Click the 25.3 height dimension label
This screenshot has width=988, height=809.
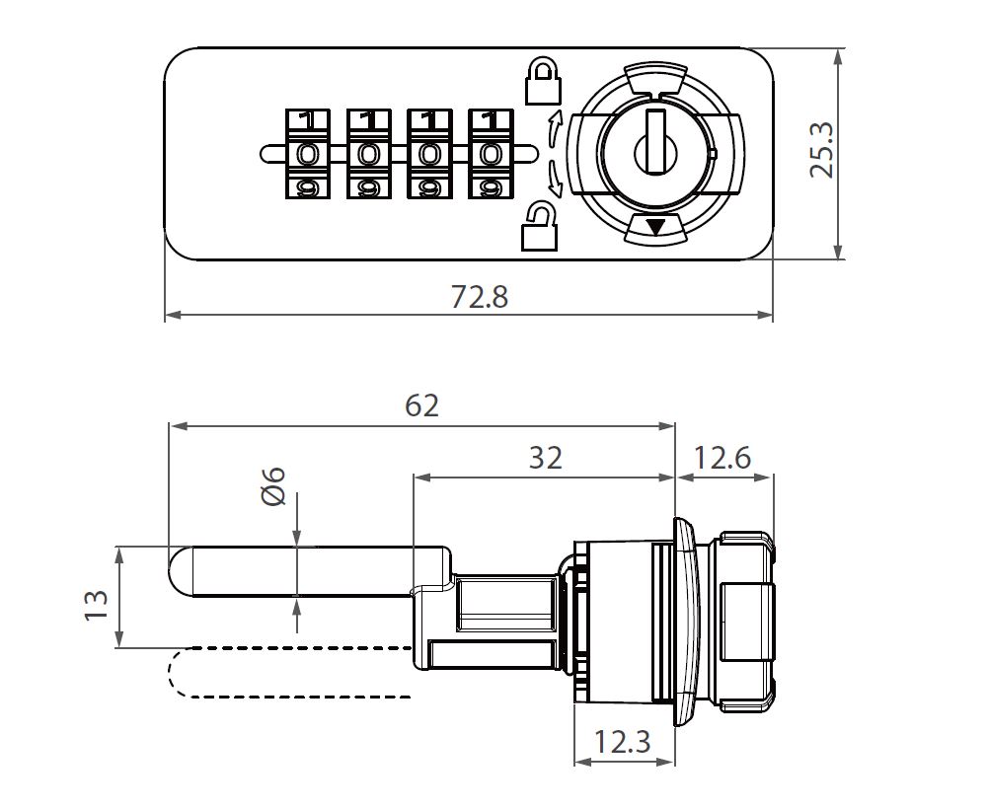pos(822,150)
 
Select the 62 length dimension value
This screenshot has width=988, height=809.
pos(421,404)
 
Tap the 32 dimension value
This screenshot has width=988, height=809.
pos(545,458)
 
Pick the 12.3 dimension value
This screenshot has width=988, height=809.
pos(623,742)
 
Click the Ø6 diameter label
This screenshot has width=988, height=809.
pos(273,485)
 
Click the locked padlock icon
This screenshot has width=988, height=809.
pos(542,82)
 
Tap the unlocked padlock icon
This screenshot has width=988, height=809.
pos(539,226)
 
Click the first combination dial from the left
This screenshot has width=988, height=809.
pos(308,154)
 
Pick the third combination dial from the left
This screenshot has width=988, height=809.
pos(429,154)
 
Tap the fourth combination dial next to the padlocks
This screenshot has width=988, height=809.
pos(490,154)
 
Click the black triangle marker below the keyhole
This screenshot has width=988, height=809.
pos(654,227)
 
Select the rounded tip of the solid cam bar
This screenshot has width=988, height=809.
pos(181,571)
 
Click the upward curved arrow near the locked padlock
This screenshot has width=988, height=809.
pos(554,128)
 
